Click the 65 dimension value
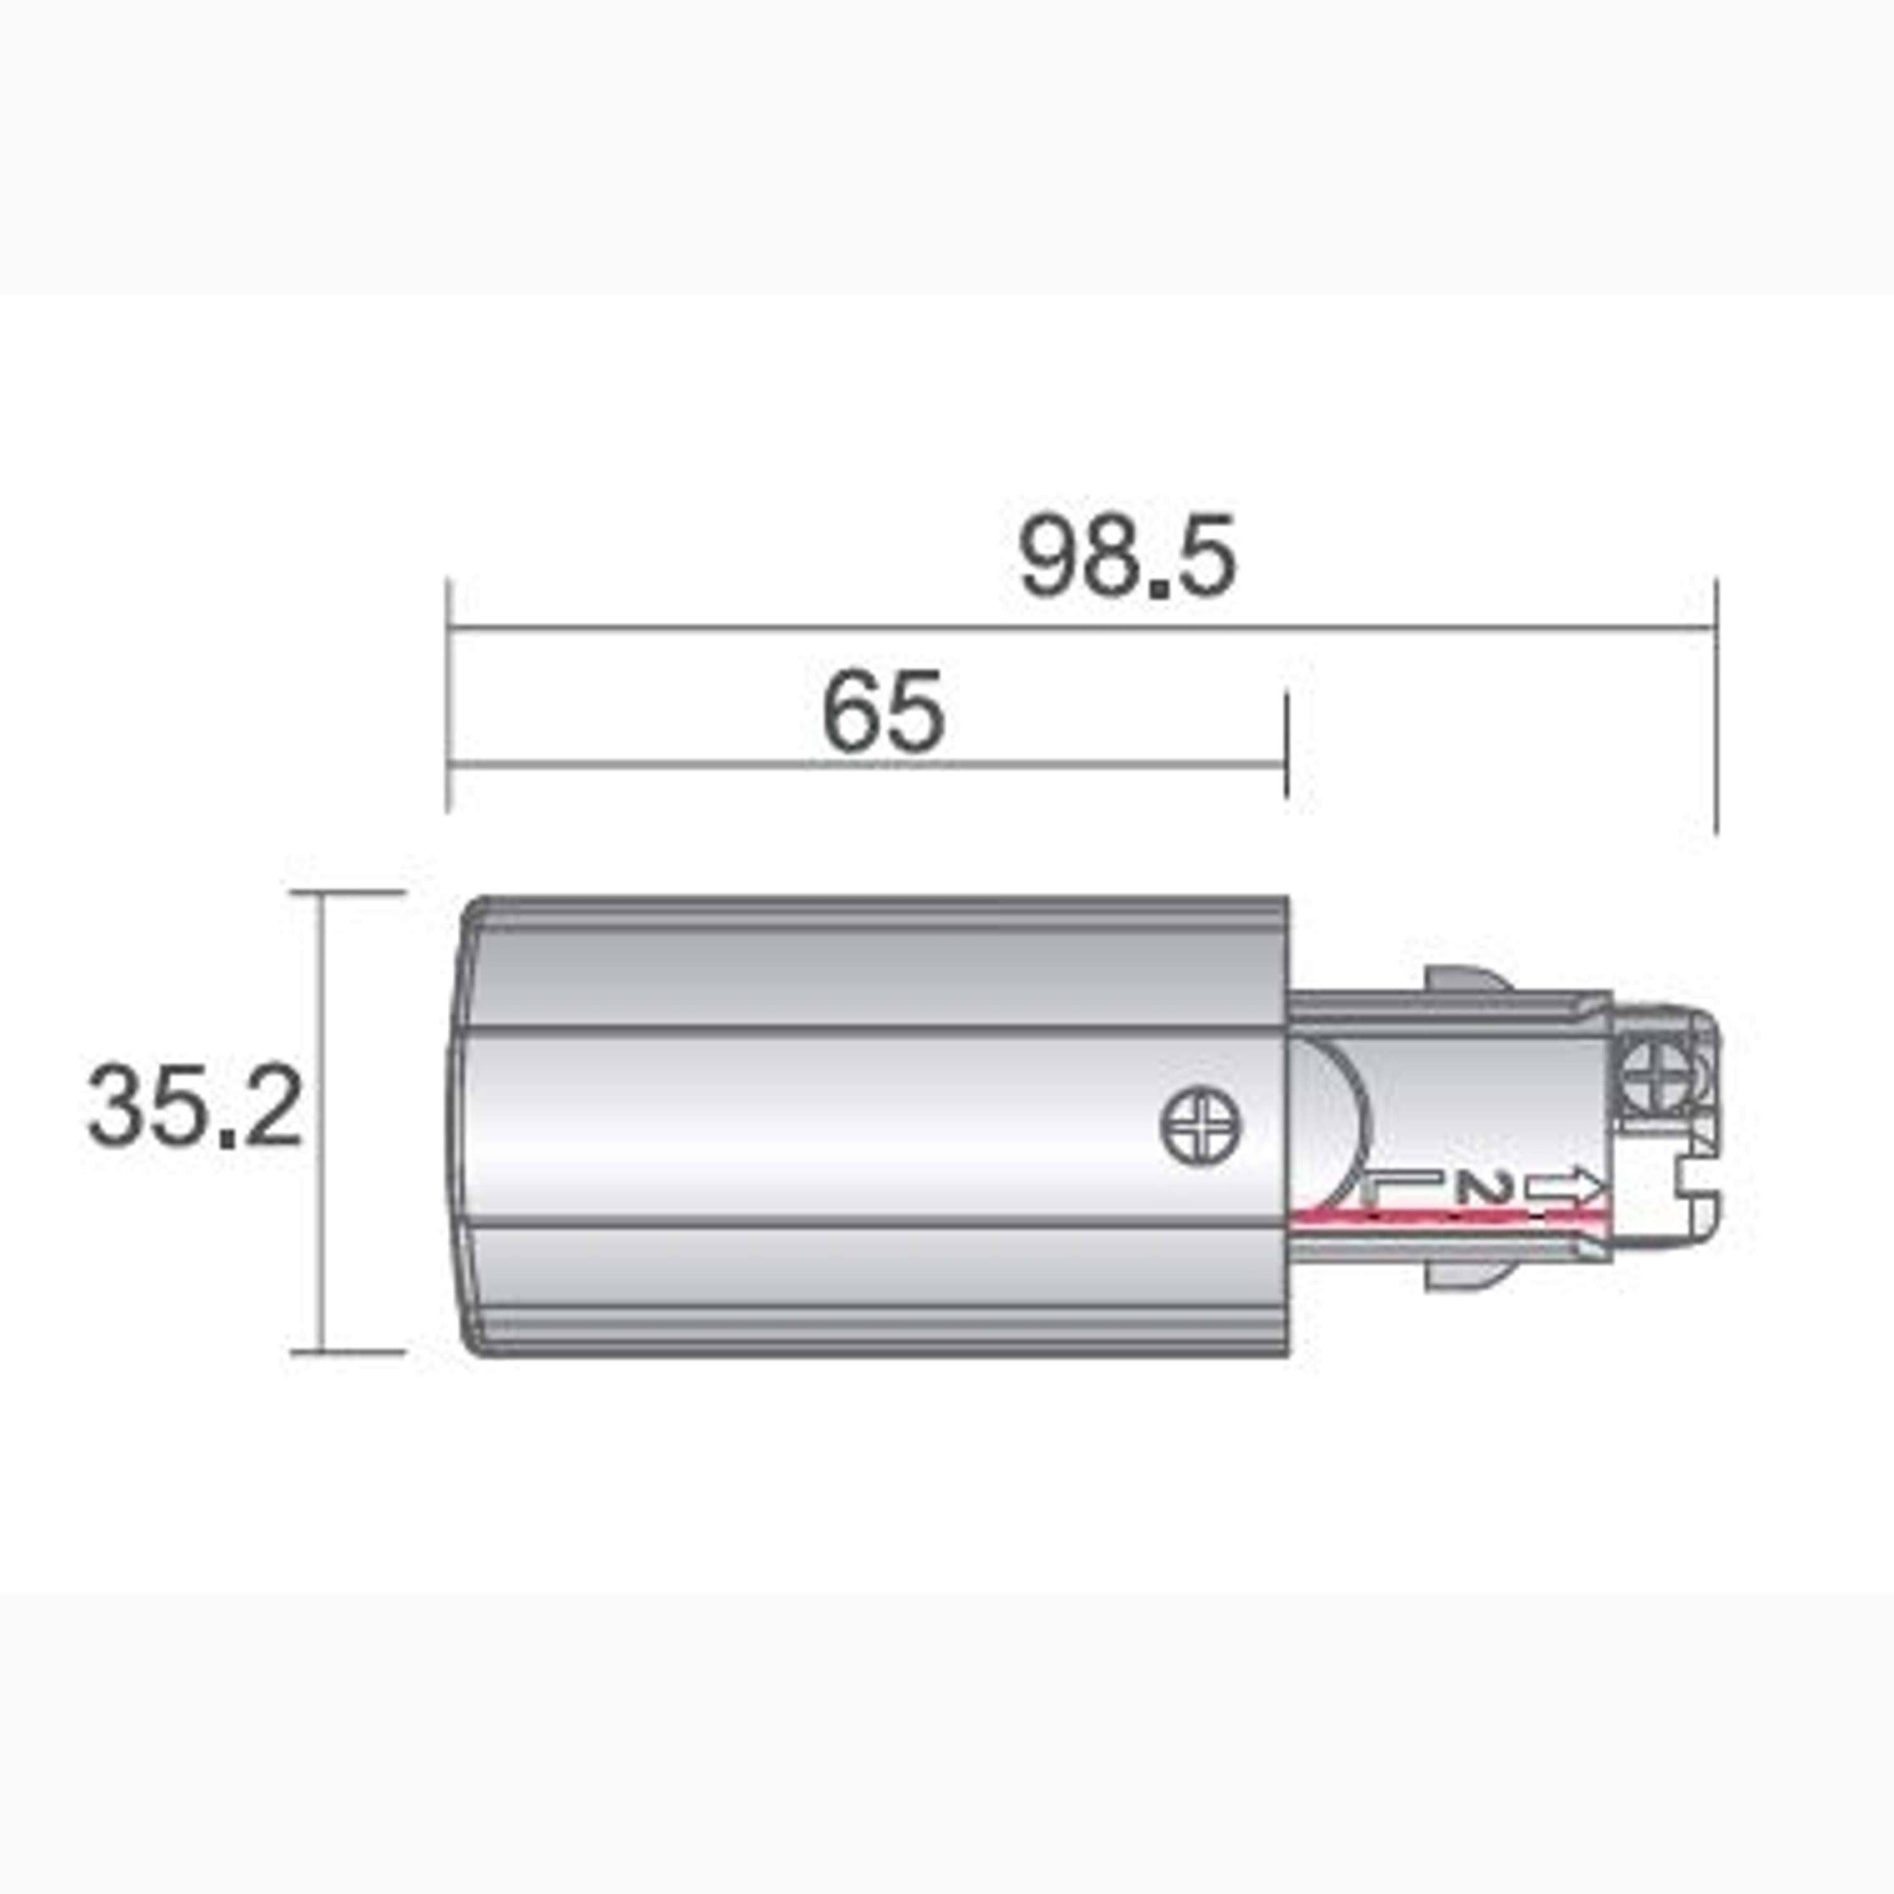click(884, 713)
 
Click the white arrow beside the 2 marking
click(1566, 1188)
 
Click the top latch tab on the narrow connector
click(1468, 981)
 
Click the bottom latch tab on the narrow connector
click(1468, 1275)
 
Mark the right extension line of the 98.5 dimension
click(1715, 706)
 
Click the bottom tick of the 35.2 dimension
click(348, 1351)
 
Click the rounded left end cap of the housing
click(468, 1123)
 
